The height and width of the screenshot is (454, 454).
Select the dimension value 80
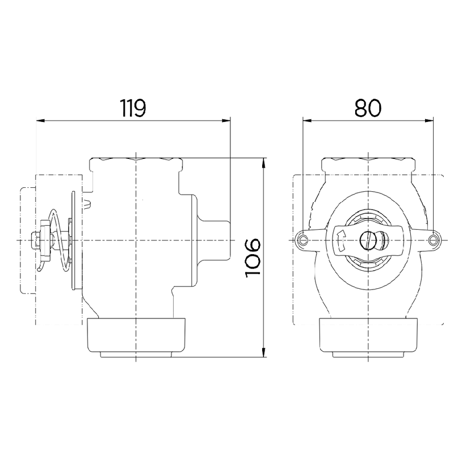point(368,107)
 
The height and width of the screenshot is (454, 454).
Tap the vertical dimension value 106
point(253,258)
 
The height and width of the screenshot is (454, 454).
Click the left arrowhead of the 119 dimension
point(40,120)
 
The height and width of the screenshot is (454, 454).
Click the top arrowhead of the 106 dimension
point(264,162)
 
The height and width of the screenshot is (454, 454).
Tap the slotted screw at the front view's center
point(368,241)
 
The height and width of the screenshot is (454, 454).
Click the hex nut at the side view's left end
point(39,241)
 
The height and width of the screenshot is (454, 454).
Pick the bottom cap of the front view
point(368,338)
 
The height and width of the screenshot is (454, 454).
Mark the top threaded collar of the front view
point(368,165)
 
